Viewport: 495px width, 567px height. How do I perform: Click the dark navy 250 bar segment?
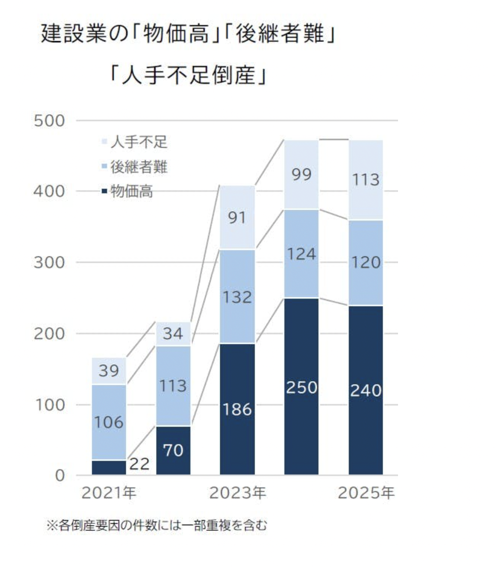pos(301,387)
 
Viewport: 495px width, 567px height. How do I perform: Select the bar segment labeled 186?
pos(237,409)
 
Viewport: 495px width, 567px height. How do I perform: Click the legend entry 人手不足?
pos(135,143)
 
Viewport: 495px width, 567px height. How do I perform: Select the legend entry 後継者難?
pos(135,167)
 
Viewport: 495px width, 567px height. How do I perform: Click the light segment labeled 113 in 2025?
pos(366,179)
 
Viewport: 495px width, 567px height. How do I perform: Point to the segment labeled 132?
pos(237,297)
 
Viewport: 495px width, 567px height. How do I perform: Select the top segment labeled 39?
pos(109,371)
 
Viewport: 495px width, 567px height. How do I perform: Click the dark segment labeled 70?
pos(173,450)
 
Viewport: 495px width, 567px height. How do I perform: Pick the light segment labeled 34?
pos(173,334)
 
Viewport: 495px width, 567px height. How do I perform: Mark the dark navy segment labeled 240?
pos(366,390)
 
